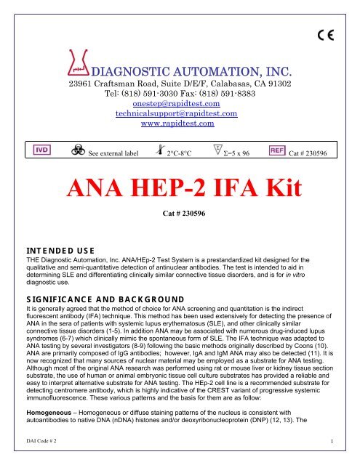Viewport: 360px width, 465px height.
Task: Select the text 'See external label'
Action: coord(112,154)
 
